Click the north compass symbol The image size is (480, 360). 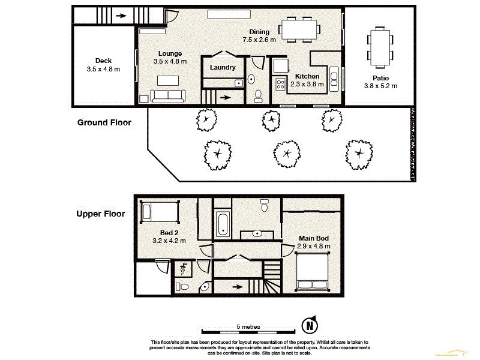tap(309, 326)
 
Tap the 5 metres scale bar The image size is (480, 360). tap(248, 331)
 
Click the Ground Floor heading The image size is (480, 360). tap(104, 122)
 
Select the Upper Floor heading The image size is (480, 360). tap(101, 214)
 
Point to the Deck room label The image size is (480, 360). tap(103, 61)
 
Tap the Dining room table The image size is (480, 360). tap(299, 29)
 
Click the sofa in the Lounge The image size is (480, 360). tap(169, 95)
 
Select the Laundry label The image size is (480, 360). tap(223, 68)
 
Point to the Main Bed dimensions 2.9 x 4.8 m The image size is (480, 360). tap(314, 246)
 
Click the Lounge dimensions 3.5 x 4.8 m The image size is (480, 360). tap(170, 61)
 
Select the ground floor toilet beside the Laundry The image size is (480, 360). tap(258, 95)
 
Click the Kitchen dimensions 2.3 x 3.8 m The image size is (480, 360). tap(307, 84)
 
